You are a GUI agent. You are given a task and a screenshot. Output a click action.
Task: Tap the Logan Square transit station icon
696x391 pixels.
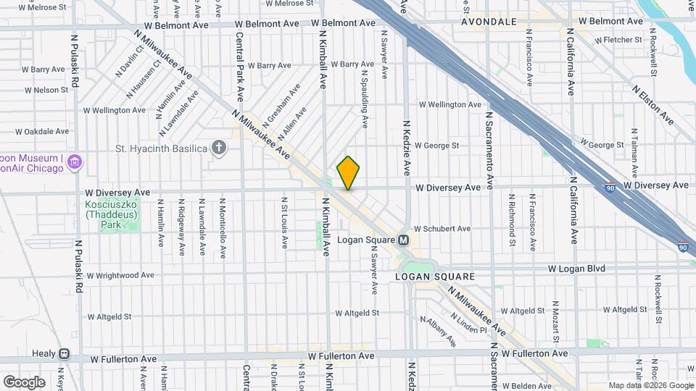click(x=404, y=240)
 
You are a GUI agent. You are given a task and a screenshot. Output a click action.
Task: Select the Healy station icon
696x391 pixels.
click(x=65, y=354)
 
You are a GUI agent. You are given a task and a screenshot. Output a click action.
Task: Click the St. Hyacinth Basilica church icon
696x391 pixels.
click(x=219, y=149)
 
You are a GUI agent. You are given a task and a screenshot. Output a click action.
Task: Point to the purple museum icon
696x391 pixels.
click(x=73, y=163)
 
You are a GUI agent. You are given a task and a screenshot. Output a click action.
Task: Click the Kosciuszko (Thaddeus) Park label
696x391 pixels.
click(x=112, y=215)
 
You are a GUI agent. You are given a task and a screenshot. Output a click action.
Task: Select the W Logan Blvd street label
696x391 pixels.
click(x=576, y=269)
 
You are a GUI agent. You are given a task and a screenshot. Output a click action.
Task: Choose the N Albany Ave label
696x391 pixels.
click(x=438, y=330)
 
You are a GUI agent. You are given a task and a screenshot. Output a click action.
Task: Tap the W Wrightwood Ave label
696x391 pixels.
click(x=120, y=275)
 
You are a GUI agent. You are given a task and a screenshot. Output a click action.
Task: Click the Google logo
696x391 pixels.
click(x=24, y=382)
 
